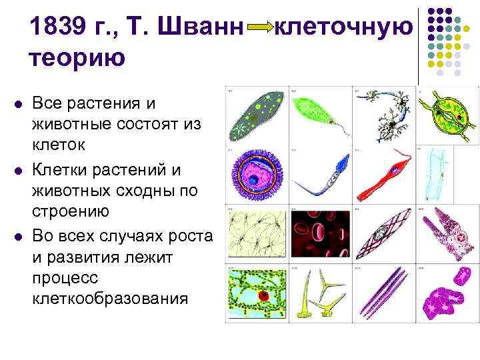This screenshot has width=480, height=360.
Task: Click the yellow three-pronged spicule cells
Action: (x=319, y=293)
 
